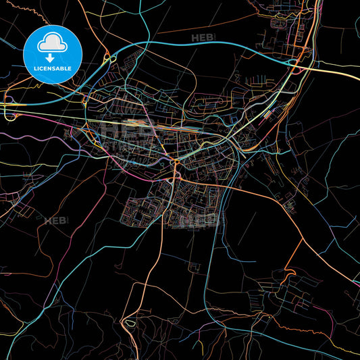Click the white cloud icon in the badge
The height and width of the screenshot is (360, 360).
pos(53,43)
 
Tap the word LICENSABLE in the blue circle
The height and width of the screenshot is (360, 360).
pos(53,68)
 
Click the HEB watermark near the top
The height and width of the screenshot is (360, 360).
pos(203,37)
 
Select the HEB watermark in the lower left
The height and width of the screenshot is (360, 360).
pos(56,220)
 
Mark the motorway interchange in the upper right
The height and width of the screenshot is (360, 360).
pos(295,63)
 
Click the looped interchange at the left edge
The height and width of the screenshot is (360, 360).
pos(9,112)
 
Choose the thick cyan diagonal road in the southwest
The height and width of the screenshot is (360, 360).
pos(68,284)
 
